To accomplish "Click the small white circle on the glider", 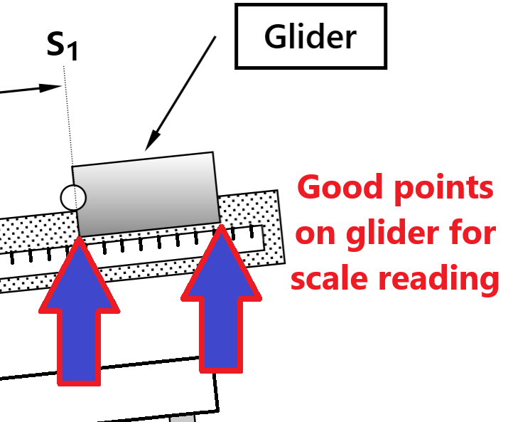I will coord(72,197).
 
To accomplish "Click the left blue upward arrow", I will coord(80,320).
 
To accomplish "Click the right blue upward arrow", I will coord(221,306).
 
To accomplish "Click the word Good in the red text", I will coord(335,189).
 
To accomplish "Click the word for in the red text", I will coord(473,233).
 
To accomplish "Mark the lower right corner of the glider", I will coord(218,221).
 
